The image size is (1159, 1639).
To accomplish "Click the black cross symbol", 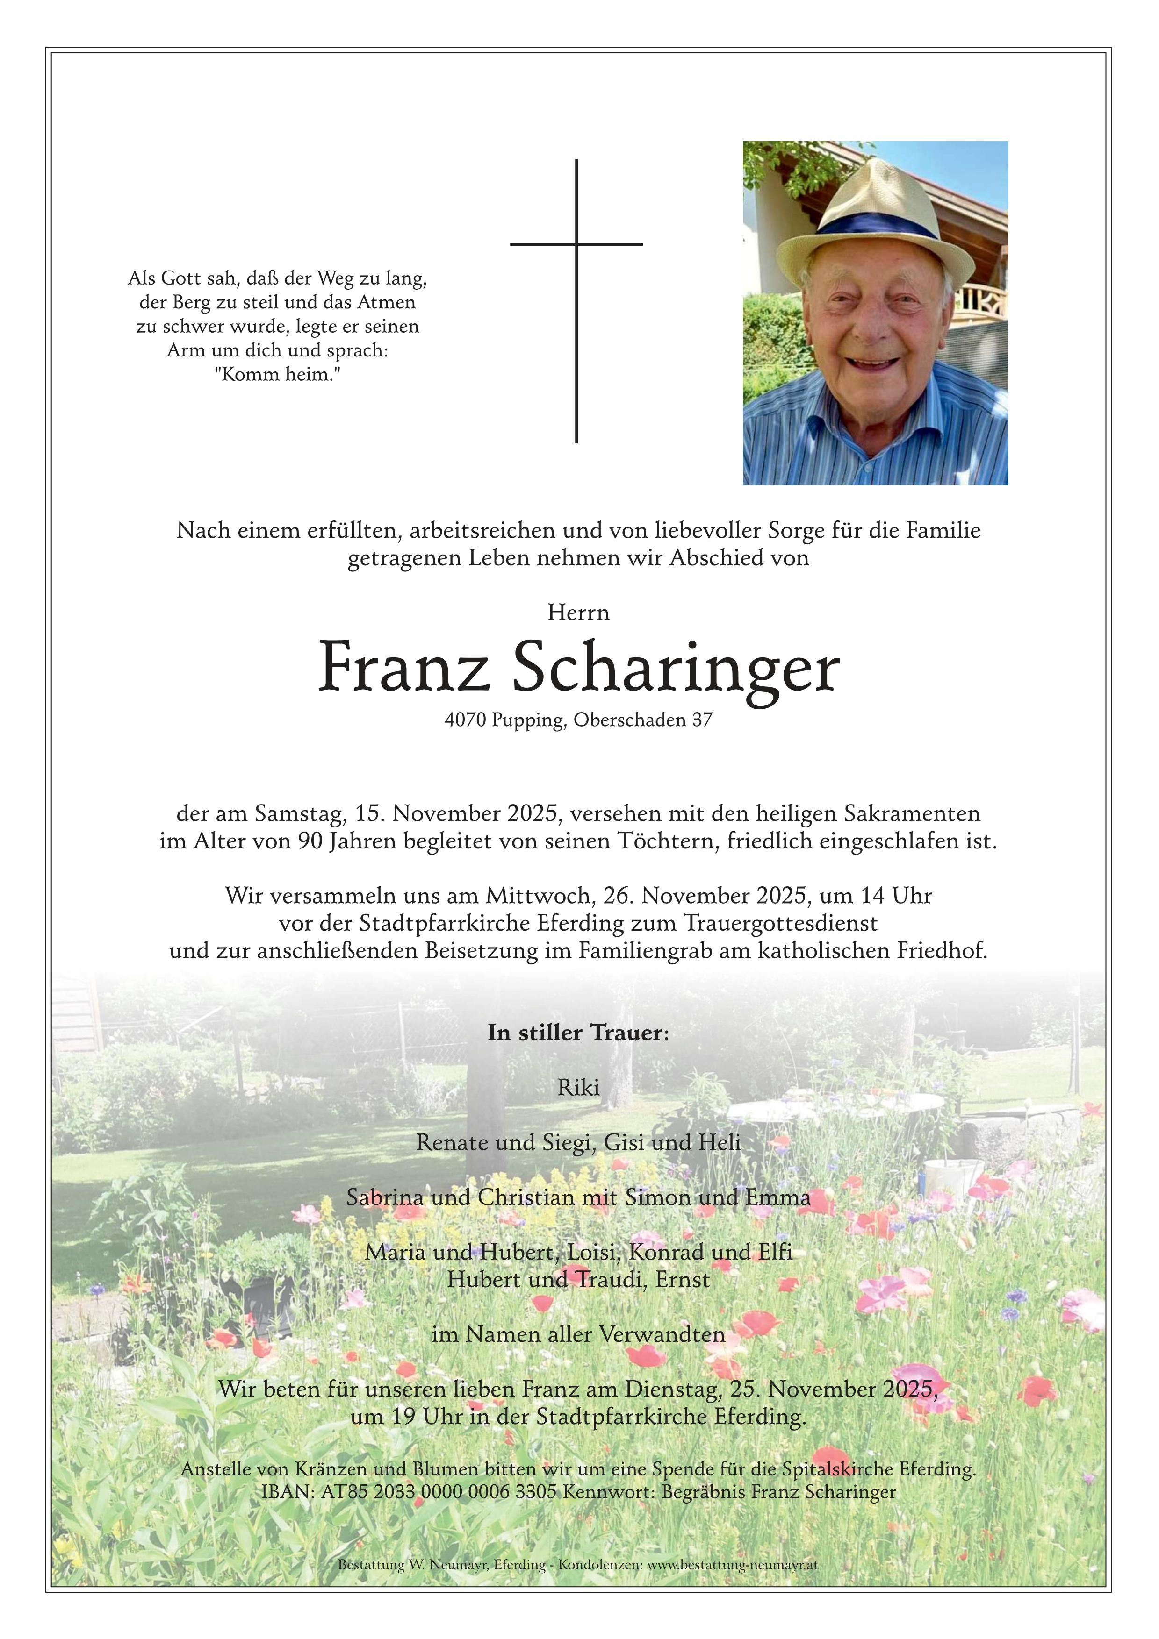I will click(x=576, y=245).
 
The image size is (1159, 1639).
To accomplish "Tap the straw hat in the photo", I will click(x=874, y=207).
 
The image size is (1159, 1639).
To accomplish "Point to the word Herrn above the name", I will click(x=578, y=613).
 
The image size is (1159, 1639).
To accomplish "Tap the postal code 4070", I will click(x=465, y=720).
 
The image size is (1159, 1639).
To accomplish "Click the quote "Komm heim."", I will click(x=277, y=374).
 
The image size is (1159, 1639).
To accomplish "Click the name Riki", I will click(x=578, y=1088).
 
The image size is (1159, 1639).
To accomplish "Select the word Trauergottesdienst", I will click(x=780, y=924).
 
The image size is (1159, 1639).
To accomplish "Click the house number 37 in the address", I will click(x=702, y=720).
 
